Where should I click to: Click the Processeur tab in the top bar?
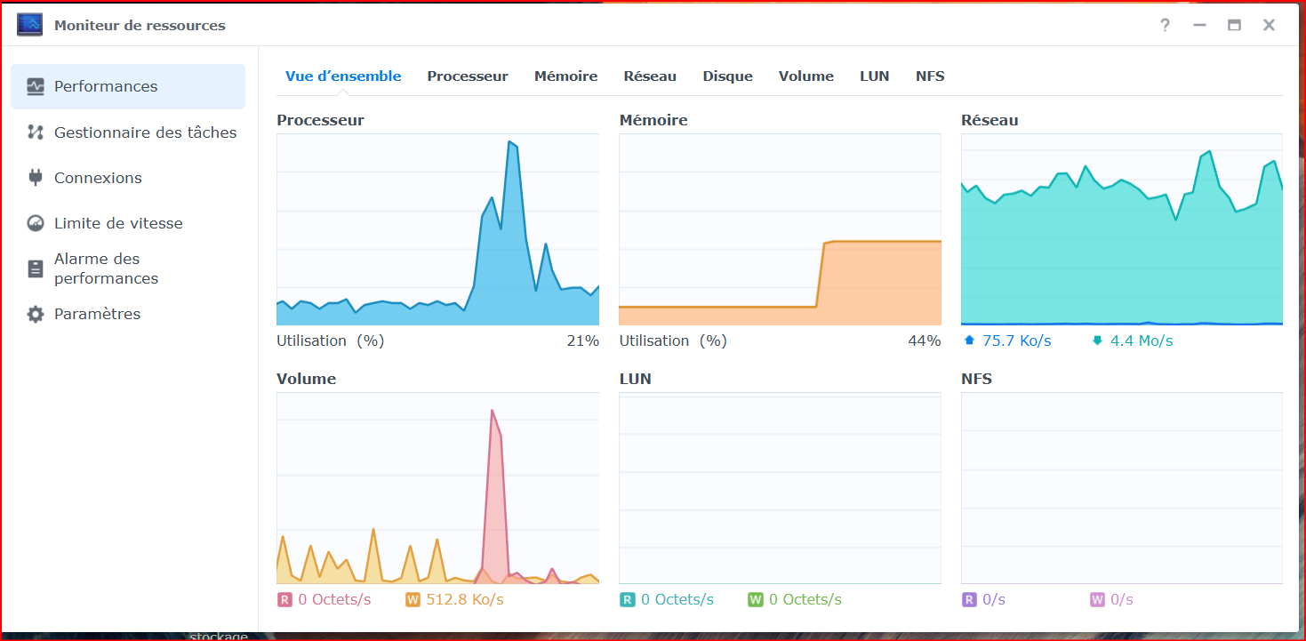tap(468, 76)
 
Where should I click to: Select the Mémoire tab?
tap(565, 76)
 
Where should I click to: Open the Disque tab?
tap(727, 76)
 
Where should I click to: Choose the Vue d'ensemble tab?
tap(343, 76)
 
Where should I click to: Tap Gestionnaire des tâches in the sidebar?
tap(145, 132)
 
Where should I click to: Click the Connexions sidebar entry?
tap(98, 178)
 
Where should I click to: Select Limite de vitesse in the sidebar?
tap(118, 223)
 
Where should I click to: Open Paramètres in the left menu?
tap(98, 314)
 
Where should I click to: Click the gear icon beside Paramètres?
tap(36, 315)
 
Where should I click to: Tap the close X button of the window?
tap(1270, 25)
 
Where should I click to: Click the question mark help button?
tap(1165, 25)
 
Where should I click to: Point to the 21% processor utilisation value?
tap(583, 341)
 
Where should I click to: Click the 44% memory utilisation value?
tap(925, 341)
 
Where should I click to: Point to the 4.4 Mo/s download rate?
tap(1142, 341)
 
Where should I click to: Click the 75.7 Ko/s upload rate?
tap(1017, 341)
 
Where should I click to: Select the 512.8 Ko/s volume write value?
tap(465, 599)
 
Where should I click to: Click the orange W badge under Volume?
tap(413, 599)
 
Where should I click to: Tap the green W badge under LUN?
tap(756, 599)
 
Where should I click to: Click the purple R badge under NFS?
tap(969, 599)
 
